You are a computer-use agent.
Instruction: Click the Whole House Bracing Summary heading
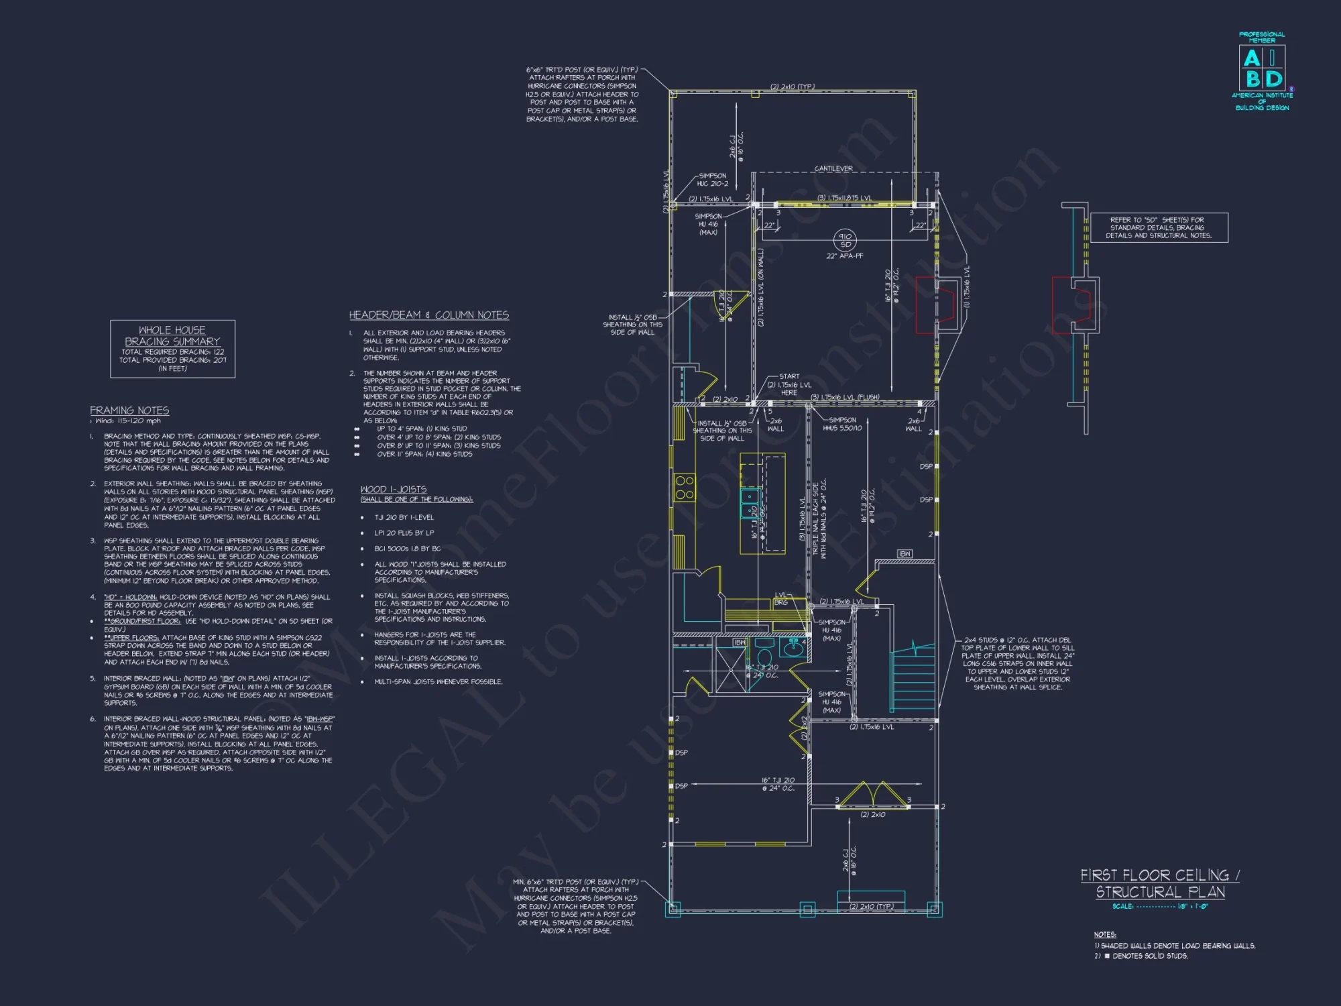click(x=172, y=335)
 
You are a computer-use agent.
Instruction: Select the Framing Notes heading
click(x=129, y=410)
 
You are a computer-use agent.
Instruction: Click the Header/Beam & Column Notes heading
click(x=429, y=315)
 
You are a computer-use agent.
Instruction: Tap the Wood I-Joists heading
click(x=394, y=490)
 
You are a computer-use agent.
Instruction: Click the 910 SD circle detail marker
click(x=845, y=240)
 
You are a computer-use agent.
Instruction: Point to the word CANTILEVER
click(x=833, y=169)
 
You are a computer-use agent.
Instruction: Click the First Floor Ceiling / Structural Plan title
click(x=1160, y=883)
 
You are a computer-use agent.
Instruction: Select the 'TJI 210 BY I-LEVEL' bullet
click(x=404, y=518)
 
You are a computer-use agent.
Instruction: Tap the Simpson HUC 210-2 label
click(x=712, y=180)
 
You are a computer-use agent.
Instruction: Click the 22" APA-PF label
click(x=845, y=256)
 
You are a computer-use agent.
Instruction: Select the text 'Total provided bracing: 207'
click(x=173, y=360)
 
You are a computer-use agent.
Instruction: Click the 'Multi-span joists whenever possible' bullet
click(x=439, y=682)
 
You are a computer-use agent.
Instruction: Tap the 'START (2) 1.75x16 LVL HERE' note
click(x=789, y=384)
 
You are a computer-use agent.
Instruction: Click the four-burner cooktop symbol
click(x=685, y=488)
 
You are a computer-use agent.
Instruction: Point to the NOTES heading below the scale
click(x=1105, y=935)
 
